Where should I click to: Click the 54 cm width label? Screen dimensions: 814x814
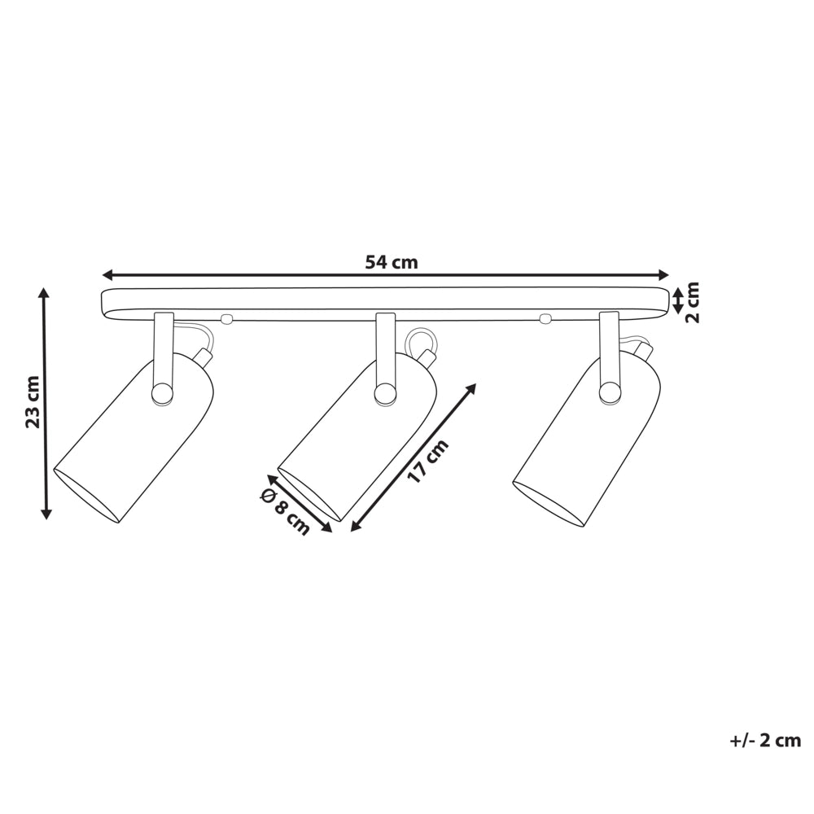click(392, 262)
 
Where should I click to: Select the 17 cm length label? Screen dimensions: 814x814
click(428, 462)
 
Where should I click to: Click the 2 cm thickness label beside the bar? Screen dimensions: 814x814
click(692, 303)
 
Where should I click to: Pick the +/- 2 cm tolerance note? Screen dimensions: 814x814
click(765, 740)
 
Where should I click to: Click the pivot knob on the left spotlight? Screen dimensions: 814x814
click(162, 393)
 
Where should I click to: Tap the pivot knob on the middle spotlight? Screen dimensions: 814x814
click(385, 393)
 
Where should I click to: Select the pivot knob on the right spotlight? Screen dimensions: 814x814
click(609, 392)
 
